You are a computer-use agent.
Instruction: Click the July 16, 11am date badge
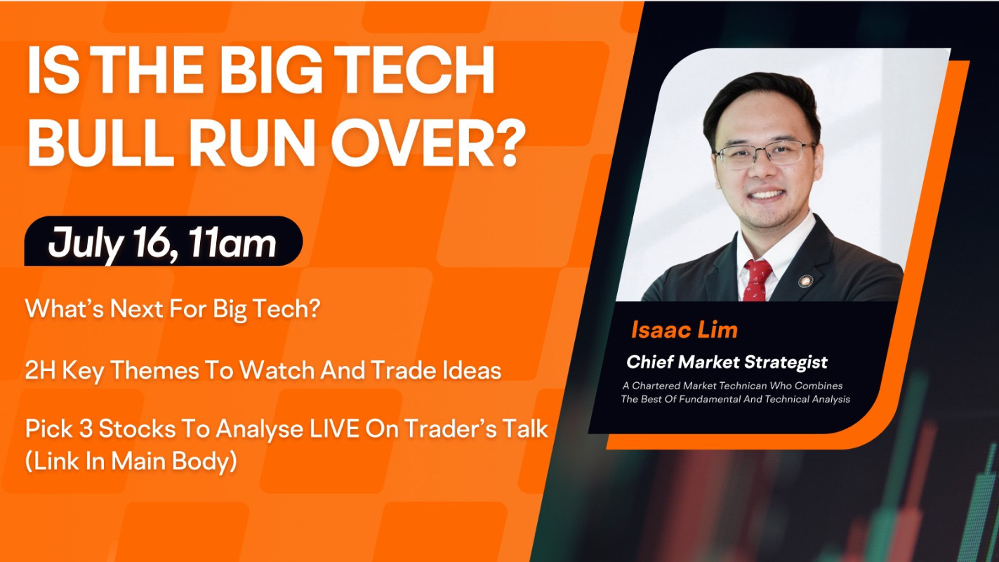[164, 241]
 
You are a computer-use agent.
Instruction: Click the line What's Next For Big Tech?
[173, 309]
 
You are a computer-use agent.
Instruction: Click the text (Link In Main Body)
[131, 461]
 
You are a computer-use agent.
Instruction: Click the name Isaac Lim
[684, 330]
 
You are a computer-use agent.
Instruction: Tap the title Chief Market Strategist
[727, 362]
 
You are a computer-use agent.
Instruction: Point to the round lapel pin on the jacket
[805, 281]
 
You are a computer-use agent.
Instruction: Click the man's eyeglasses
[764, 154]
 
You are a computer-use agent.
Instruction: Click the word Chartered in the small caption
[656, 386]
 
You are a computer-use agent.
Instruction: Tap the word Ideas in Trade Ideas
[472, 370]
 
